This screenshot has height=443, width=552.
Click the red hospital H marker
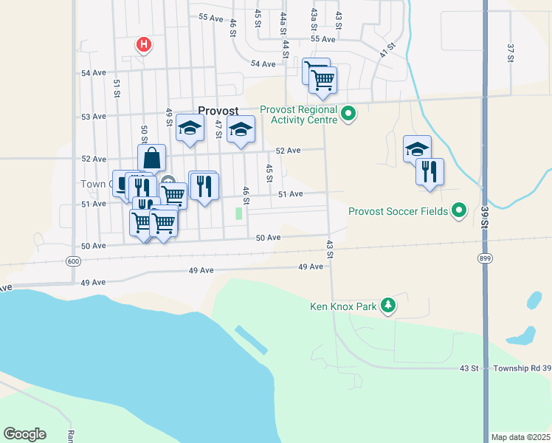click(144, 45)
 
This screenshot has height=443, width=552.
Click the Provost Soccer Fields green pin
click(459, 211)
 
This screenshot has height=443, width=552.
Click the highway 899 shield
click(483, 258)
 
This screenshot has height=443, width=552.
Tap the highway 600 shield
click(72, 261)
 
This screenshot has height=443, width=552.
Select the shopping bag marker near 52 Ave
click(151, 158)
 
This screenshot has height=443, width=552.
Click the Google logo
click(24, 434)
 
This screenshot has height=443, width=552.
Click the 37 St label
click(510, 52)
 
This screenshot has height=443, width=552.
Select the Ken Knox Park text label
click(342, 306)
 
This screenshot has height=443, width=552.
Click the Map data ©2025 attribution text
click(520, 437)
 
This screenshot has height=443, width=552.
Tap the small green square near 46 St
click(238, 213)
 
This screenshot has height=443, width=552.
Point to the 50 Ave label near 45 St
click(269, 238)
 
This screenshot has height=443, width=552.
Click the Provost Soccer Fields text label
click(399, 211)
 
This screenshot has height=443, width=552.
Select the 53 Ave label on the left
click(94, 117)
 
